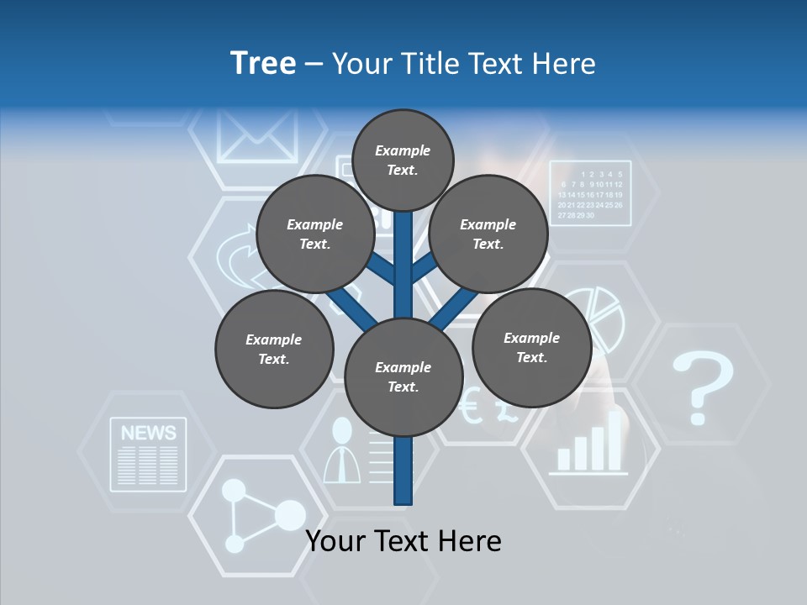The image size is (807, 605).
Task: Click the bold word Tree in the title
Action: pyautogui.click(x=263, y=63)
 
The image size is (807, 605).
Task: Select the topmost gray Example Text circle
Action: pyautogui.click(x=403, y=160)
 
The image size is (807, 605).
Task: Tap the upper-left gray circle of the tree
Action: pyautogui.click(x=315, y=234)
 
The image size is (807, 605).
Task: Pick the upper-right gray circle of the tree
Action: pyautogui.click(x=488, y=234)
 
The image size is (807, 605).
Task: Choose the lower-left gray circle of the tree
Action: pyautogui.click(x=274, y=350)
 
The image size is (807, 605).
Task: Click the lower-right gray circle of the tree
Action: pyautogui.click(x=531, y=347)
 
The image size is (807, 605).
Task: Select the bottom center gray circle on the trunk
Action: pyautogui.click(x=403, y=377)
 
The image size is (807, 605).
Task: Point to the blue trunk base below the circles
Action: pyautogui.click(x=403, y=475)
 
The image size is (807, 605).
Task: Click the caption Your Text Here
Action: pyautogui.click(x=403, y=541)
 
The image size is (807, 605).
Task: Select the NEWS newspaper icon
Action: pyautogui.click(x=148, y=455)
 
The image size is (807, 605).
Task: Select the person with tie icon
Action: pyautogui.click(x=342, y=451)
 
